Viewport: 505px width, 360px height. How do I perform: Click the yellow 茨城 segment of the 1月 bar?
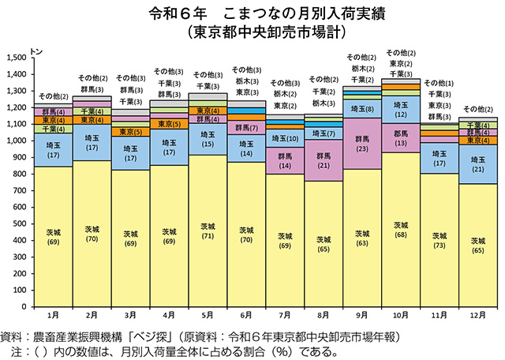coord(53,237)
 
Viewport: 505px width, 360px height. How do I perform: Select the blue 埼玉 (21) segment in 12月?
coord(477,165)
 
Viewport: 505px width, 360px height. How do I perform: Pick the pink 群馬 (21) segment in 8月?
coord(323,161)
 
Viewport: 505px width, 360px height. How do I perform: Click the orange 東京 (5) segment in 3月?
coord(130,132)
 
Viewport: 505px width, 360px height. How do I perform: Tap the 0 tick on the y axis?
coord(24,306)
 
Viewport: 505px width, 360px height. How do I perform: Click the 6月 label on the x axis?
coord(245,316)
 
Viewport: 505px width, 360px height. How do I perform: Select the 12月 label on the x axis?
coord(477,316)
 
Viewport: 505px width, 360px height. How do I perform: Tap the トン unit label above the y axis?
coord(34,49)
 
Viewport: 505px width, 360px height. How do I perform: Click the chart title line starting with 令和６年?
coord(252,13)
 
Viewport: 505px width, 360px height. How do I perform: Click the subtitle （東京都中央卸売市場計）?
coord(252,33)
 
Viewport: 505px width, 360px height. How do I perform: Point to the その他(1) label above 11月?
coord(439,83)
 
